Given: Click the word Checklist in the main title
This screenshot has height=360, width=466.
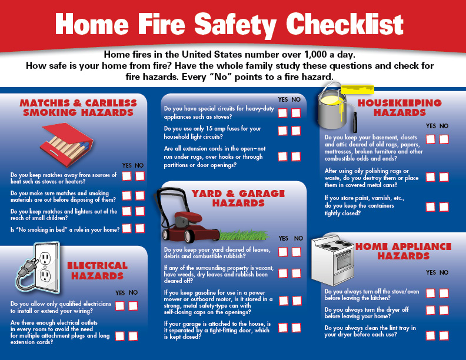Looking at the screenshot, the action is tap(345, 24).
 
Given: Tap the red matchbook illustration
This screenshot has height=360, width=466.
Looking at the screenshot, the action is tap(66, 144).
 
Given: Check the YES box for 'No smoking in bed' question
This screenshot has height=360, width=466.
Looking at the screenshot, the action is tap(127, 228).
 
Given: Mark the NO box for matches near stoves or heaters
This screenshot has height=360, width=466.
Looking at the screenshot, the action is tap(140, 176).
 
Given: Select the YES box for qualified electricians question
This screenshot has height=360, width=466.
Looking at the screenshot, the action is tap(120, 306).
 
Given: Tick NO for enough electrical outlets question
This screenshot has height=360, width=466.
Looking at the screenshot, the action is tap(133, 336).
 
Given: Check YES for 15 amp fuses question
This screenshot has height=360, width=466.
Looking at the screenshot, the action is tap(282, 131).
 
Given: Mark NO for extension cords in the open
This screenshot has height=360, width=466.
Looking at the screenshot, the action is tap(296, 156).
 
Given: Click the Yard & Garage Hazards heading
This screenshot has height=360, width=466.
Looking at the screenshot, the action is tap(238, 198).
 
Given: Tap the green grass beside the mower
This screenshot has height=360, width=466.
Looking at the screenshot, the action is tap(244, 235).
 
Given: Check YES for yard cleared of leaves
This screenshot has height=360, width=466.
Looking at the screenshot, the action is tap(283, 252).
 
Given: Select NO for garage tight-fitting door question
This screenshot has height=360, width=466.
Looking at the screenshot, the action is tap(297, 328).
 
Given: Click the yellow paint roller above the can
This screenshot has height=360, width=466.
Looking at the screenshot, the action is tap(357, 89).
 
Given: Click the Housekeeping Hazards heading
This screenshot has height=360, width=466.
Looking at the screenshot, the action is tap(400, 108).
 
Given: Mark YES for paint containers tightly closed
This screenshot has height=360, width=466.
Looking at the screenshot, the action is tap(430, 206).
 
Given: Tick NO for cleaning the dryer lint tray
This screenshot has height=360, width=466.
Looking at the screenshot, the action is tap(444, 335).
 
